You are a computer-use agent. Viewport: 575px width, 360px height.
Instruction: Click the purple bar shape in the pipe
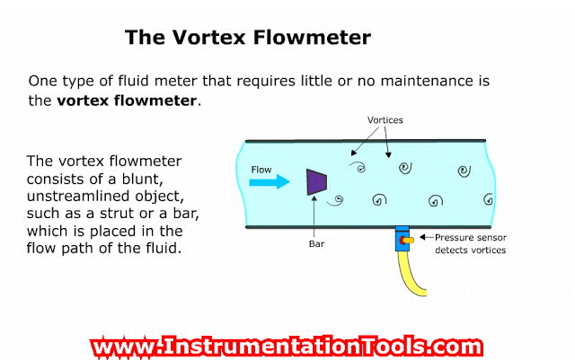[x=315, y=181]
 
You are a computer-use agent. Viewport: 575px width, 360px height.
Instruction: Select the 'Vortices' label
[x=385, y=120]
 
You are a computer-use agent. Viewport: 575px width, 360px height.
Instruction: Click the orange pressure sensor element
[x=408, y=241]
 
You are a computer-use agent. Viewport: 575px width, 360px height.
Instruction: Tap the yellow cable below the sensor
[x=414, y=278]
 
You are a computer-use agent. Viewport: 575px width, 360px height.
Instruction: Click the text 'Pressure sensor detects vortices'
[x=470, y=244]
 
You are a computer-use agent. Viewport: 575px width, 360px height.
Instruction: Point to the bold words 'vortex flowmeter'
[x=126, y=101]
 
